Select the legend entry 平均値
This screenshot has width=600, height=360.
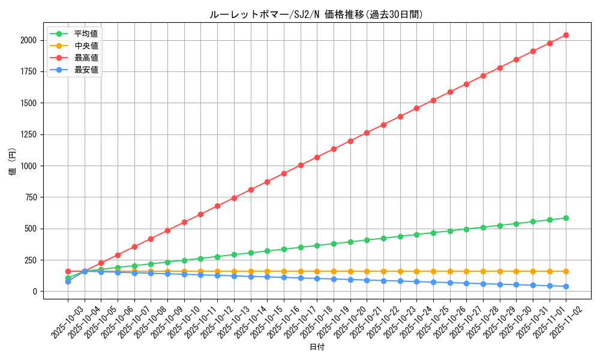[x=86, y=34]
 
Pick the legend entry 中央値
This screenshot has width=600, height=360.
[x=86, y=46]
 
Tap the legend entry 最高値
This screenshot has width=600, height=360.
[x=86, y=58]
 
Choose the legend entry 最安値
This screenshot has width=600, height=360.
[x=86, y=70]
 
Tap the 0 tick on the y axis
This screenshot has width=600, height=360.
[x=35, y=292]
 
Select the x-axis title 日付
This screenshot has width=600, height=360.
[x=316, y=347]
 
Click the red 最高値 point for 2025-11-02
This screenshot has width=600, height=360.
[x=566, y=35]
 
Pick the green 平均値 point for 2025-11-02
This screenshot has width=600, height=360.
[x=566, y=218]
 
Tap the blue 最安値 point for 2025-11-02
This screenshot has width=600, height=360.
[x=566, y=286]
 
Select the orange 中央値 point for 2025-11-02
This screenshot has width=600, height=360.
[x=566, y=271]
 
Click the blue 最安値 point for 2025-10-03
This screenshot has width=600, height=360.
[x=68, y=281]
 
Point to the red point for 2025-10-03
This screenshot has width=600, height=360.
[x=68, y=271]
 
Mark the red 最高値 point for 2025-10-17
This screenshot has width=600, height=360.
[x=301, y=165]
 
